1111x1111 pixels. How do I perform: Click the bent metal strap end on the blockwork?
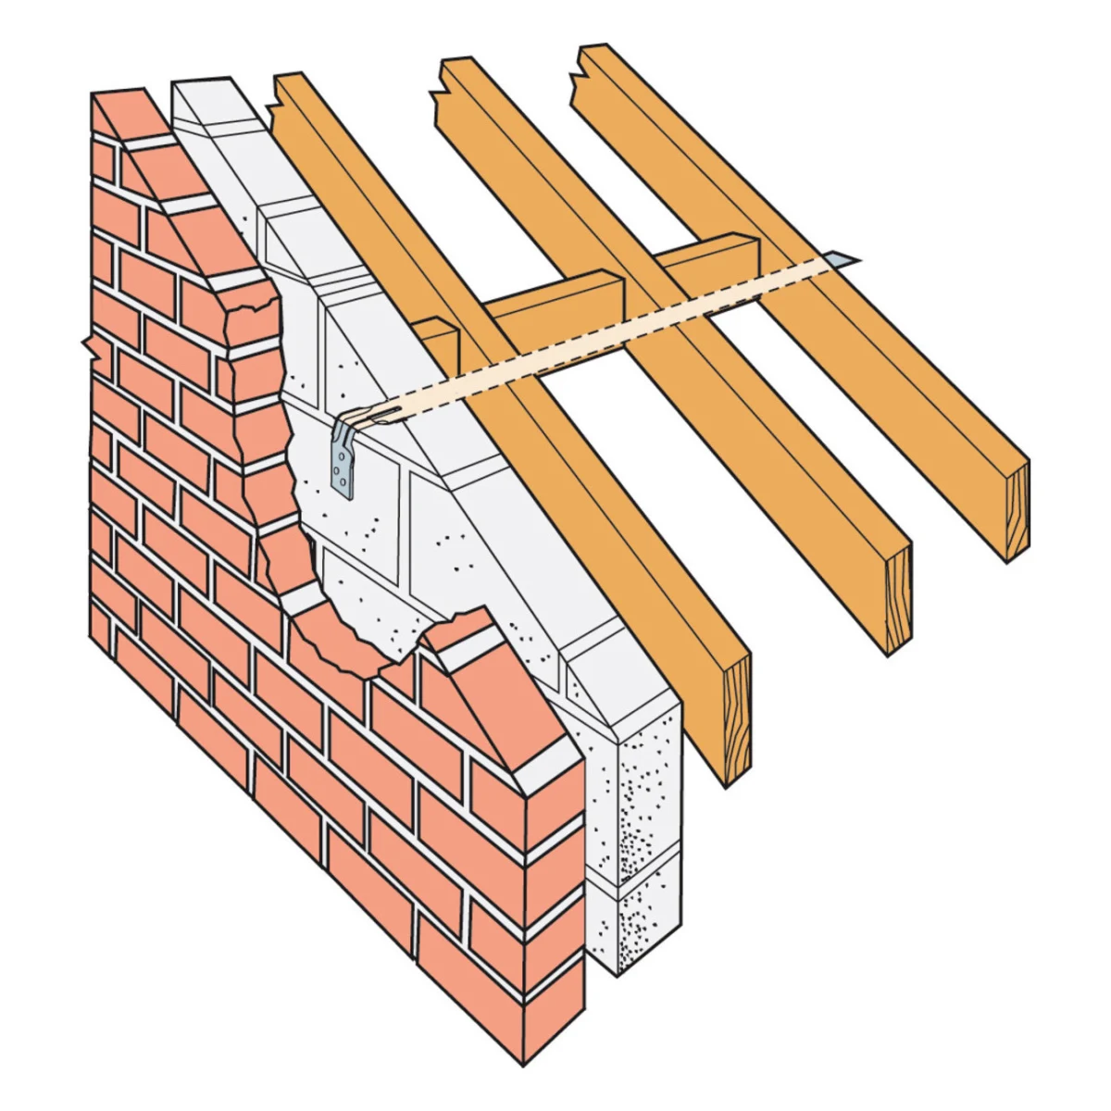pyautogui.click(x=342, y=458)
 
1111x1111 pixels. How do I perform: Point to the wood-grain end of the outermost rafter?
pyautogui.click(x=1017, y=509)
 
